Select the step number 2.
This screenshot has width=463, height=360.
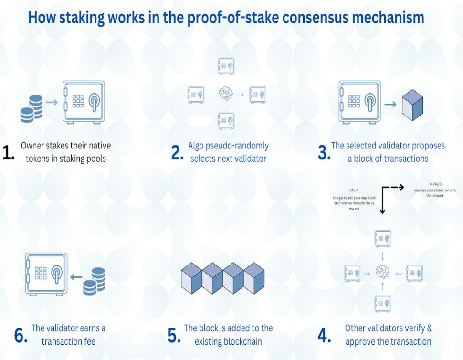177,152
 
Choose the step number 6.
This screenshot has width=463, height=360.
21,335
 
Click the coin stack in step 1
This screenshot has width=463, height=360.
31,107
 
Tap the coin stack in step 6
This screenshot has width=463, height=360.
94,280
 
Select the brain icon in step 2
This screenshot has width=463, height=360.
226,94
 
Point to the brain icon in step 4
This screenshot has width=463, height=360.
383,273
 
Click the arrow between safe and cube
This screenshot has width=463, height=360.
390,103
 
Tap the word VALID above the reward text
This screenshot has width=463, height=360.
354,190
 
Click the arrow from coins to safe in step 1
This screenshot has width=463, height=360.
53,102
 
